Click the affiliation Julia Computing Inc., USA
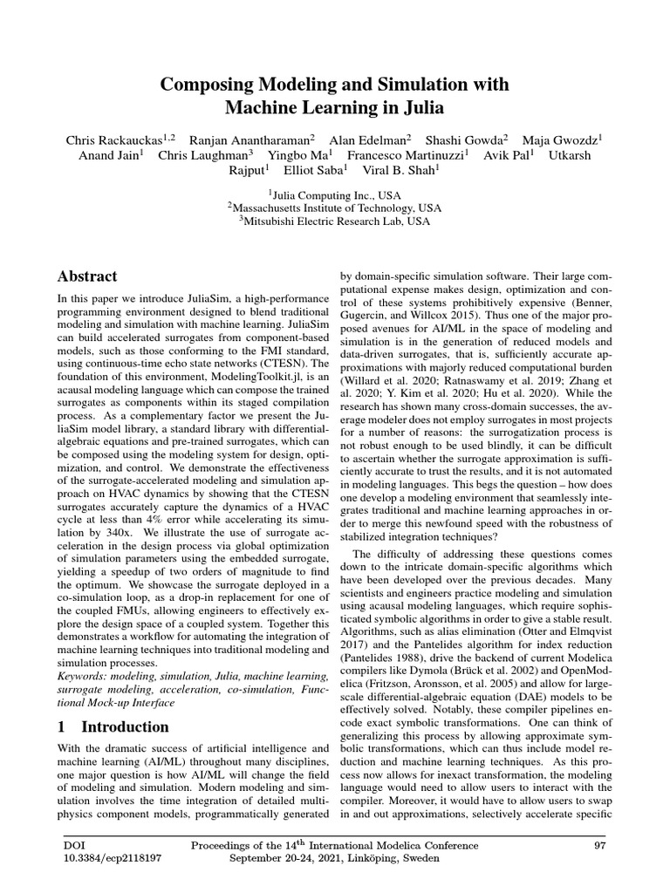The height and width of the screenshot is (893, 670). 335,195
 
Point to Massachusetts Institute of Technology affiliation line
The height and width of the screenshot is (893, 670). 335,208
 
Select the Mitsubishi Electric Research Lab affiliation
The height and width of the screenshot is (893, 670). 335,222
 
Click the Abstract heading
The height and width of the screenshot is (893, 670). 87,276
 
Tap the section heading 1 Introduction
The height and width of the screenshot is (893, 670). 113,726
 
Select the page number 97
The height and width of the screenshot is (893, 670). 599,845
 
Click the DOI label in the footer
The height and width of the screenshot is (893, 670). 74,845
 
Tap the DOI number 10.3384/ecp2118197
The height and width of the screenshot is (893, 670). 113,858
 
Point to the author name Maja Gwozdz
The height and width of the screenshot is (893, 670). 568,140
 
